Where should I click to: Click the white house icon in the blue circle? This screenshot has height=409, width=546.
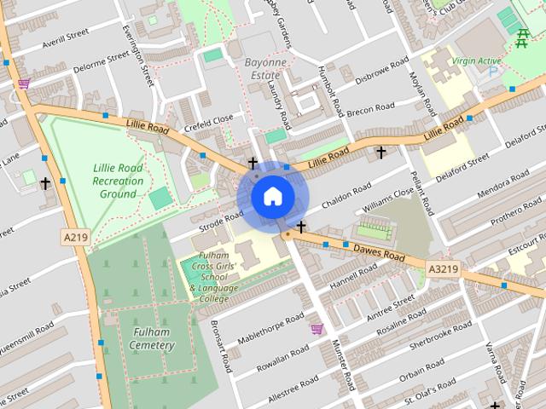pos(272,196)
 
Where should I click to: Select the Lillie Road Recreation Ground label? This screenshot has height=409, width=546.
pos(118,181)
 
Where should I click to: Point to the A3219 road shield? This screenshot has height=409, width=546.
pos(443,270)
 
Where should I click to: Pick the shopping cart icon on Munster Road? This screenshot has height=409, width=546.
pos(317,330)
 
